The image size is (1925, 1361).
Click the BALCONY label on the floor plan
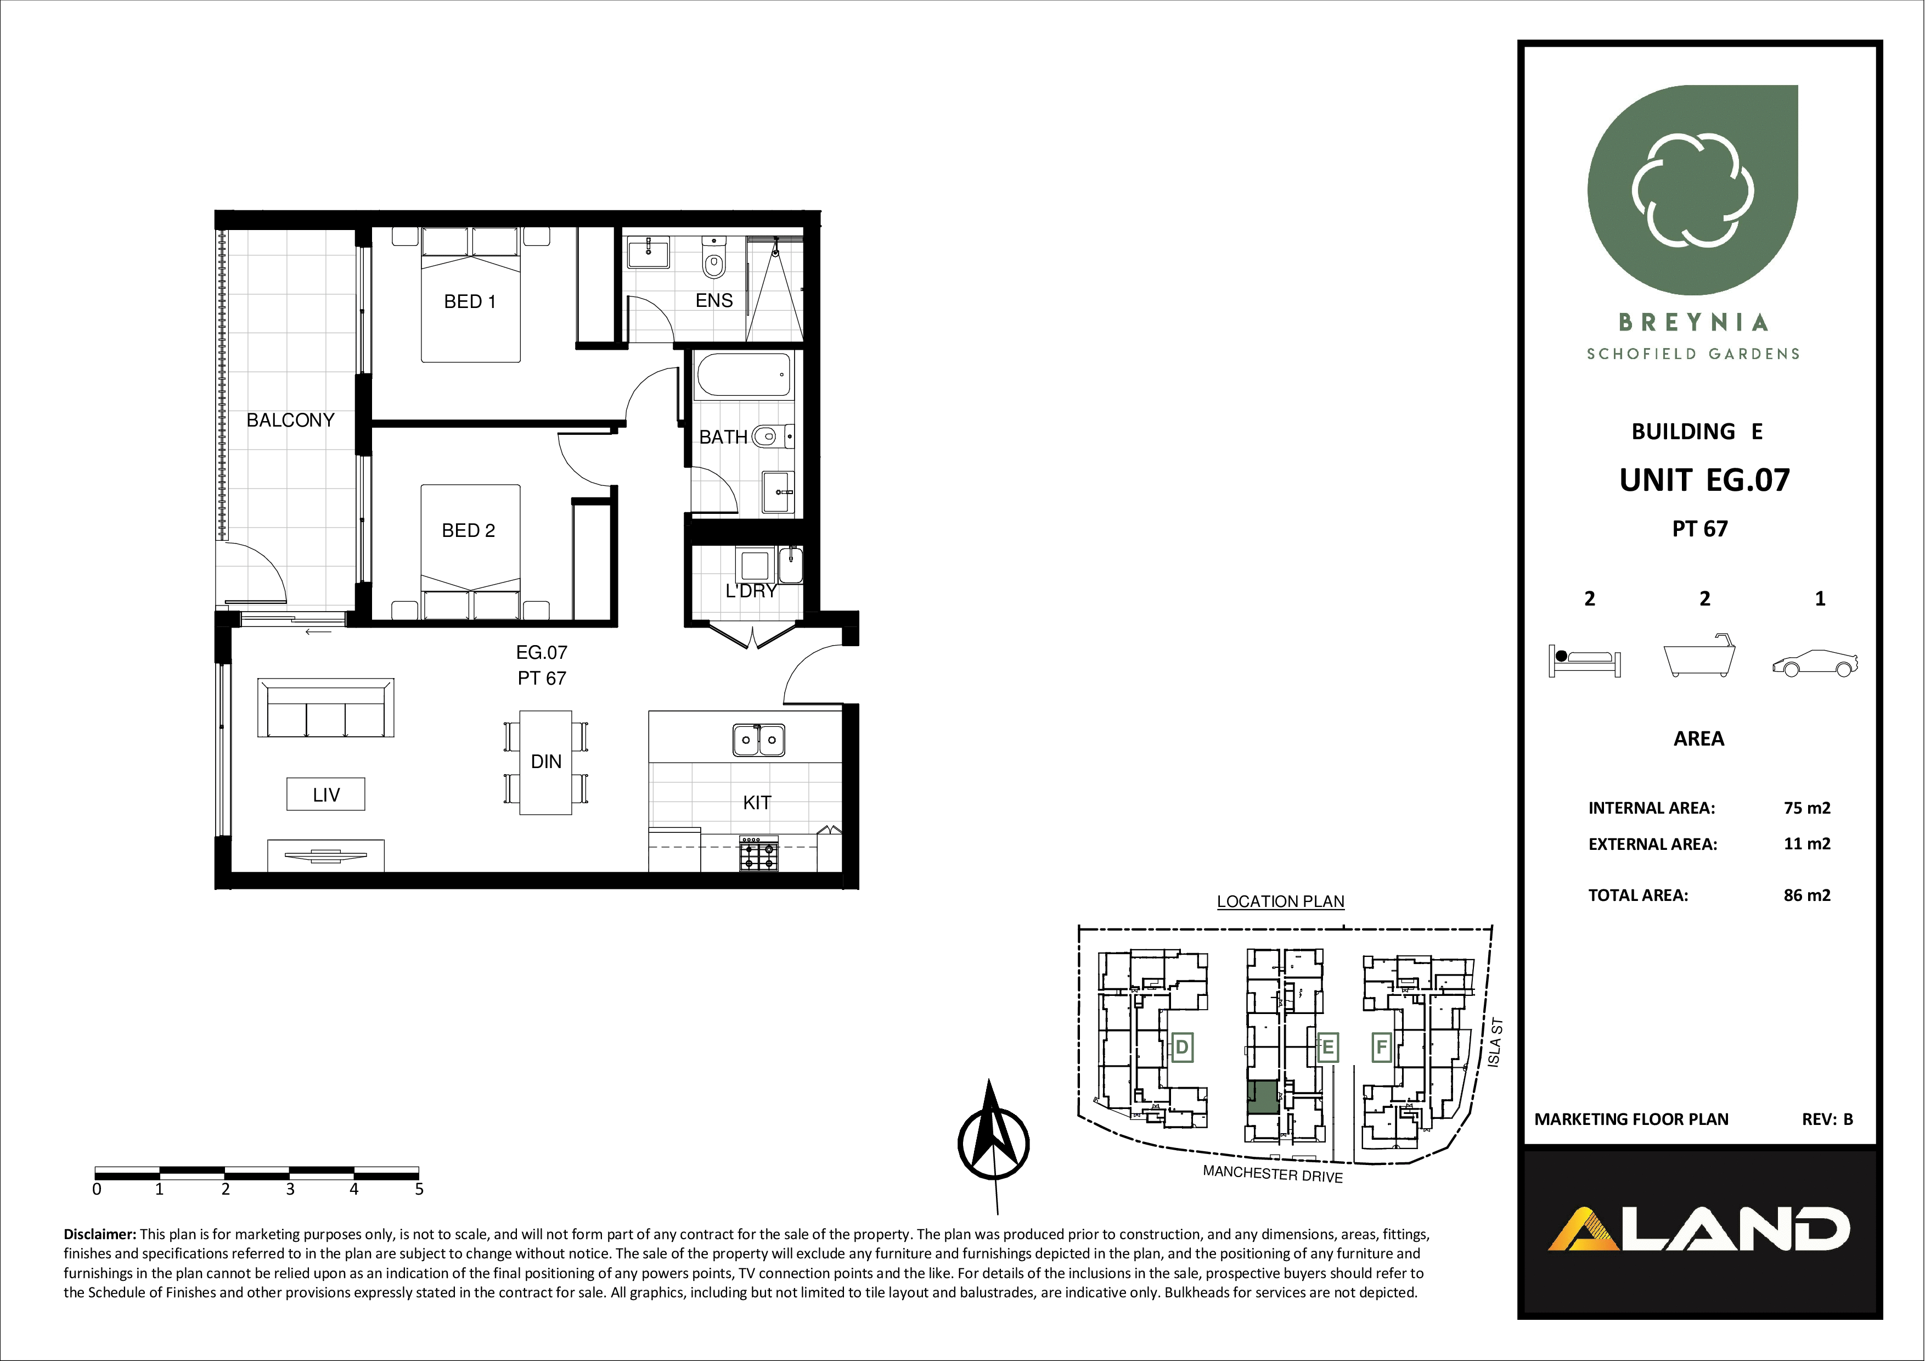pos(290,420)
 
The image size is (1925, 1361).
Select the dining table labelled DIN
pos(546,762)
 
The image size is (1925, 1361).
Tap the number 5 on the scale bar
pos(419,1189)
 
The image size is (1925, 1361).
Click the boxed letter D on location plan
pos(1182,1048)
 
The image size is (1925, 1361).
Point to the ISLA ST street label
pos(1494,1043)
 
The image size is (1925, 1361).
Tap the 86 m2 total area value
pos(1807,895)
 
